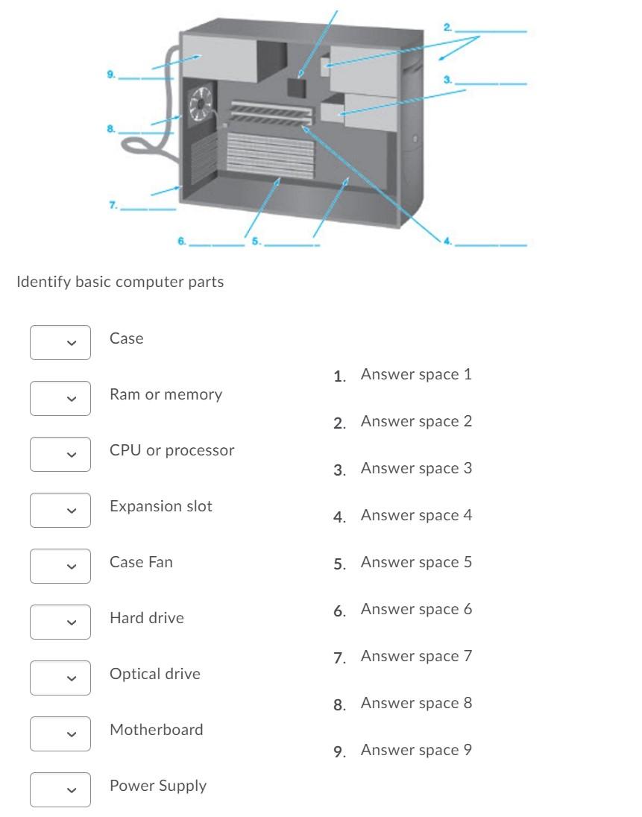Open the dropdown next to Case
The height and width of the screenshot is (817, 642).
pyautogui.click(x=60, y=343)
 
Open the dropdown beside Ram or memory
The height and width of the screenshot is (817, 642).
pyautogui.click(x=60, y=399)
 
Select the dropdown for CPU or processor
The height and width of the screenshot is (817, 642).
pyautogui.click(x=60, y=455)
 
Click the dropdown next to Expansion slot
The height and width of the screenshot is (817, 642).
pyautogui.click(x=60, y=511)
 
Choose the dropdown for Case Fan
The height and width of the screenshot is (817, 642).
pyautogui.click(x=60, y=567)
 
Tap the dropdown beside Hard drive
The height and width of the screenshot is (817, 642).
pyautogui.click(x=60, y=622)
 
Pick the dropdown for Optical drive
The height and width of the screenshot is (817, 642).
pyautogui.click(x=60, y=678)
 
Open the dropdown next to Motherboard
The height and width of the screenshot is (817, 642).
pyautogui.click(x=60, y=734)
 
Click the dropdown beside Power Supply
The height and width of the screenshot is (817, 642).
pyautogui.click(x=60, y=790)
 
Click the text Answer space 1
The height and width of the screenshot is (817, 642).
pyautogui.click(x=416, y=374)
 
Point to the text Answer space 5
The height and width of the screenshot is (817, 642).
pyautogui.click(x=416, y=562)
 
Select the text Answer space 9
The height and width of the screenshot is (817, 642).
pyautogui.click(x=416, y=750)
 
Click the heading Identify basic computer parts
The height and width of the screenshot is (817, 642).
pyautogui.click(x=120, y=282)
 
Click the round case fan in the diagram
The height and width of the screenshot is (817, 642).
pyautogui.click(x=201, y=104)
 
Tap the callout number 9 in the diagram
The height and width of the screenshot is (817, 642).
pyautogui.click(x=111, y=73)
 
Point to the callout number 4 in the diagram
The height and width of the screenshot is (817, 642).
pyautogui.click(x=447, y=241)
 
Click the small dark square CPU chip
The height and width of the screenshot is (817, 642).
pyautogui.click(x=298, y=85)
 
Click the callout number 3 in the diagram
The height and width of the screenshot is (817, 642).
pyautogui.click(x=447, y=78)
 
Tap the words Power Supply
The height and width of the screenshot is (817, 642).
pyautogui.click(x=158, y=786)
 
